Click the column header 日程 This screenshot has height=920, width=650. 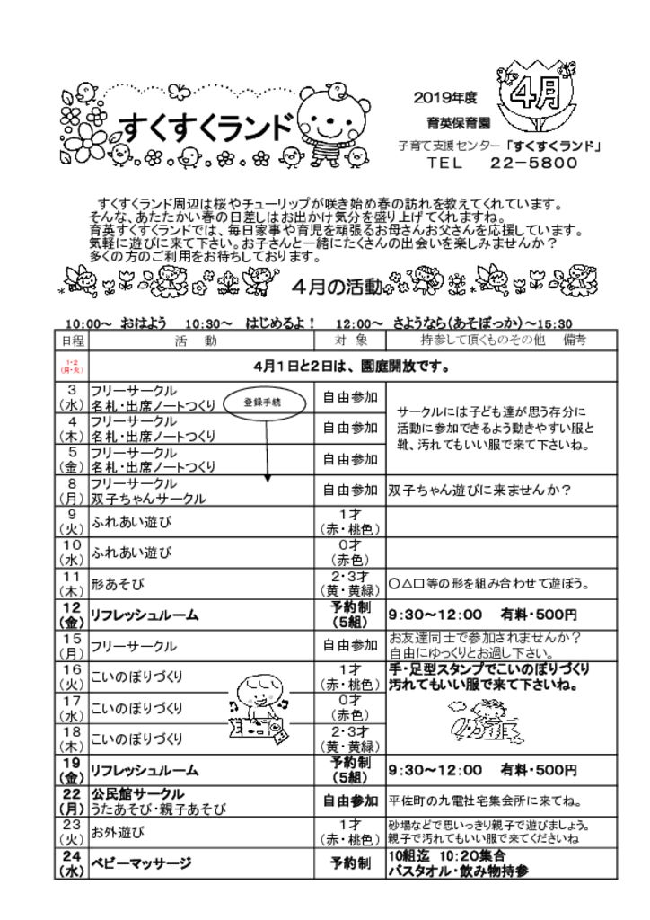pyautogui.click(x=72, y=341)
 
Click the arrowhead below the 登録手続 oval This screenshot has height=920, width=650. pyautogui.click(x=268, y=480)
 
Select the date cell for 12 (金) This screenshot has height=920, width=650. pyautogui.click(x=72, y=615)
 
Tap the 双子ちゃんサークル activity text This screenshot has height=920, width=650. pyautogui.click(x=148, y=499)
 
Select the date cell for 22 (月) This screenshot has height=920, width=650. pyautogui.click(x=72, y=801)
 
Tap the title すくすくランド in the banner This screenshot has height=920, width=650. pyautogui.click(x=206, y=130)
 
